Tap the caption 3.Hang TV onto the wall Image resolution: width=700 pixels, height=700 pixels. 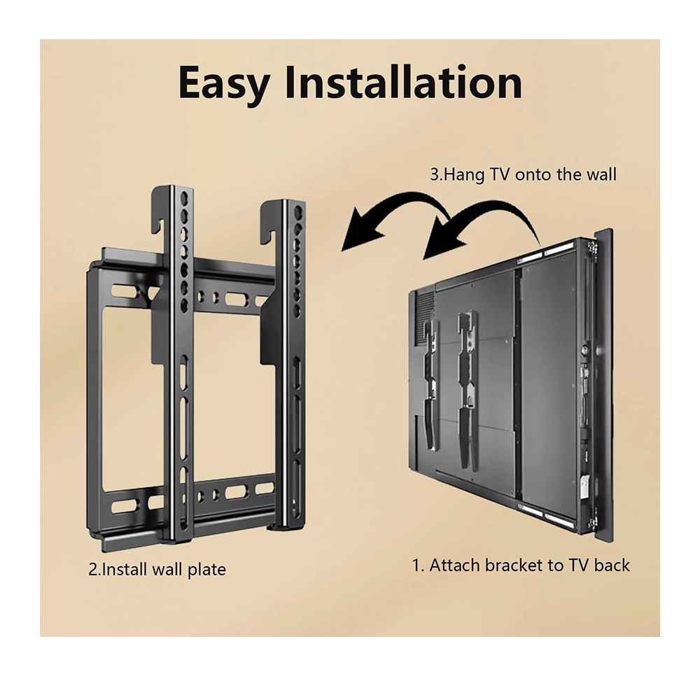pyautogui.click(x=523, y=174)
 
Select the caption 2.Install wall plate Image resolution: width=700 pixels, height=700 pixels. pyautogui.click(x=157, y=570)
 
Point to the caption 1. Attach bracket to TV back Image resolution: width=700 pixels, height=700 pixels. pyautogui.click(x=521, y=565)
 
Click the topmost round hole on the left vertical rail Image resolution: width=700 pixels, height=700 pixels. pyautogui.click(x=184, y=198)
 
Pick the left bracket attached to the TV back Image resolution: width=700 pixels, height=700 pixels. pyautogui.click(x=430, y=384)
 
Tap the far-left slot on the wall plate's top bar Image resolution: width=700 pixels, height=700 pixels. pyautogui.click(x=125, y=291)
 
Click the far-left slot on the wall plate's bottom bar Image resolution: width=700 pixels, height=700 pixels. pyautogui.click(x=125, y=506)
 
